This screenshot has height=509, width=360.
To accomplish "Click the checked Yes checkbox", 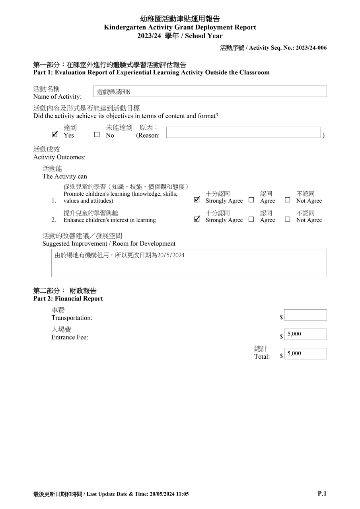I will [55, 135].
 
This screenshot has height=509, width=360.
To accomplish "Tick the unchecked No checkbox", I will [97, 135].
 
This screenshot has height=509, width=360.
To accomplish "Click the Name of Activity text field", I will [210, 91].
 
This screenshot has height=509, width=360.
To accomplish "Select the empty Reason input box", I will [243, 132].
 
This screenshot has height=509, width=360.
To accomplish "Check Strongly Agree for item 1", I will [197, 200].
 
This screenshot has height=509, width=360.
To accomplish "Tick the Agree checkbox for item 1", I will [251, 200].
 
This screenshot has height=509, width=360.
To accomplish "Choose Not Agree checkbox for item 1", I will [287, 200].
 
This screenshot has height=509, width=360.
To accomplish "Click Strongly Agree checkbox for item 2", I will [197, 219].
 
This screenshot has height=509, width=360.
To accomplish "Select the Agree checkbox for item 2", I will [251, 219].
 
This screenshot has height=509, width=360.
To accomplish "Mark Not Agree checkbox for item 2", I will [287, 219].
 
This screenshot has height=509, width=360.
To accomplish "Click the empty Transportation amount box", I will [305, 315].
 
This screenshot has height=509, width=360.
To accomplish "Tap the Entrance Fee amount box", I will [305, 334].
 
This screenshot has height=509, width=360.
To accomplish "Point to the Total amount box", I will [305, 354].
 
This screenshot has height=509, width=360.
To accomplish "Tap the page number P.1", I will [322, 493].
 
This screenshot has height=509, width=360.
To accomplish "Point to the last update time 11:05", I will [182, 494].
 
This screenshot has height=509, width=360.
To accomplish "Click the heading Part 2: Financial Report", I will [68, 299].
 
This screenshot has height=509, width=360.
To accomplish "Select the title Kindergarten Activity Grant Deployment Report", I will [180, 27].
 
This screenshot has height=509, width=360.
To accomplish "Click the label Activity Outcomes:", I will [59, 157].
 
